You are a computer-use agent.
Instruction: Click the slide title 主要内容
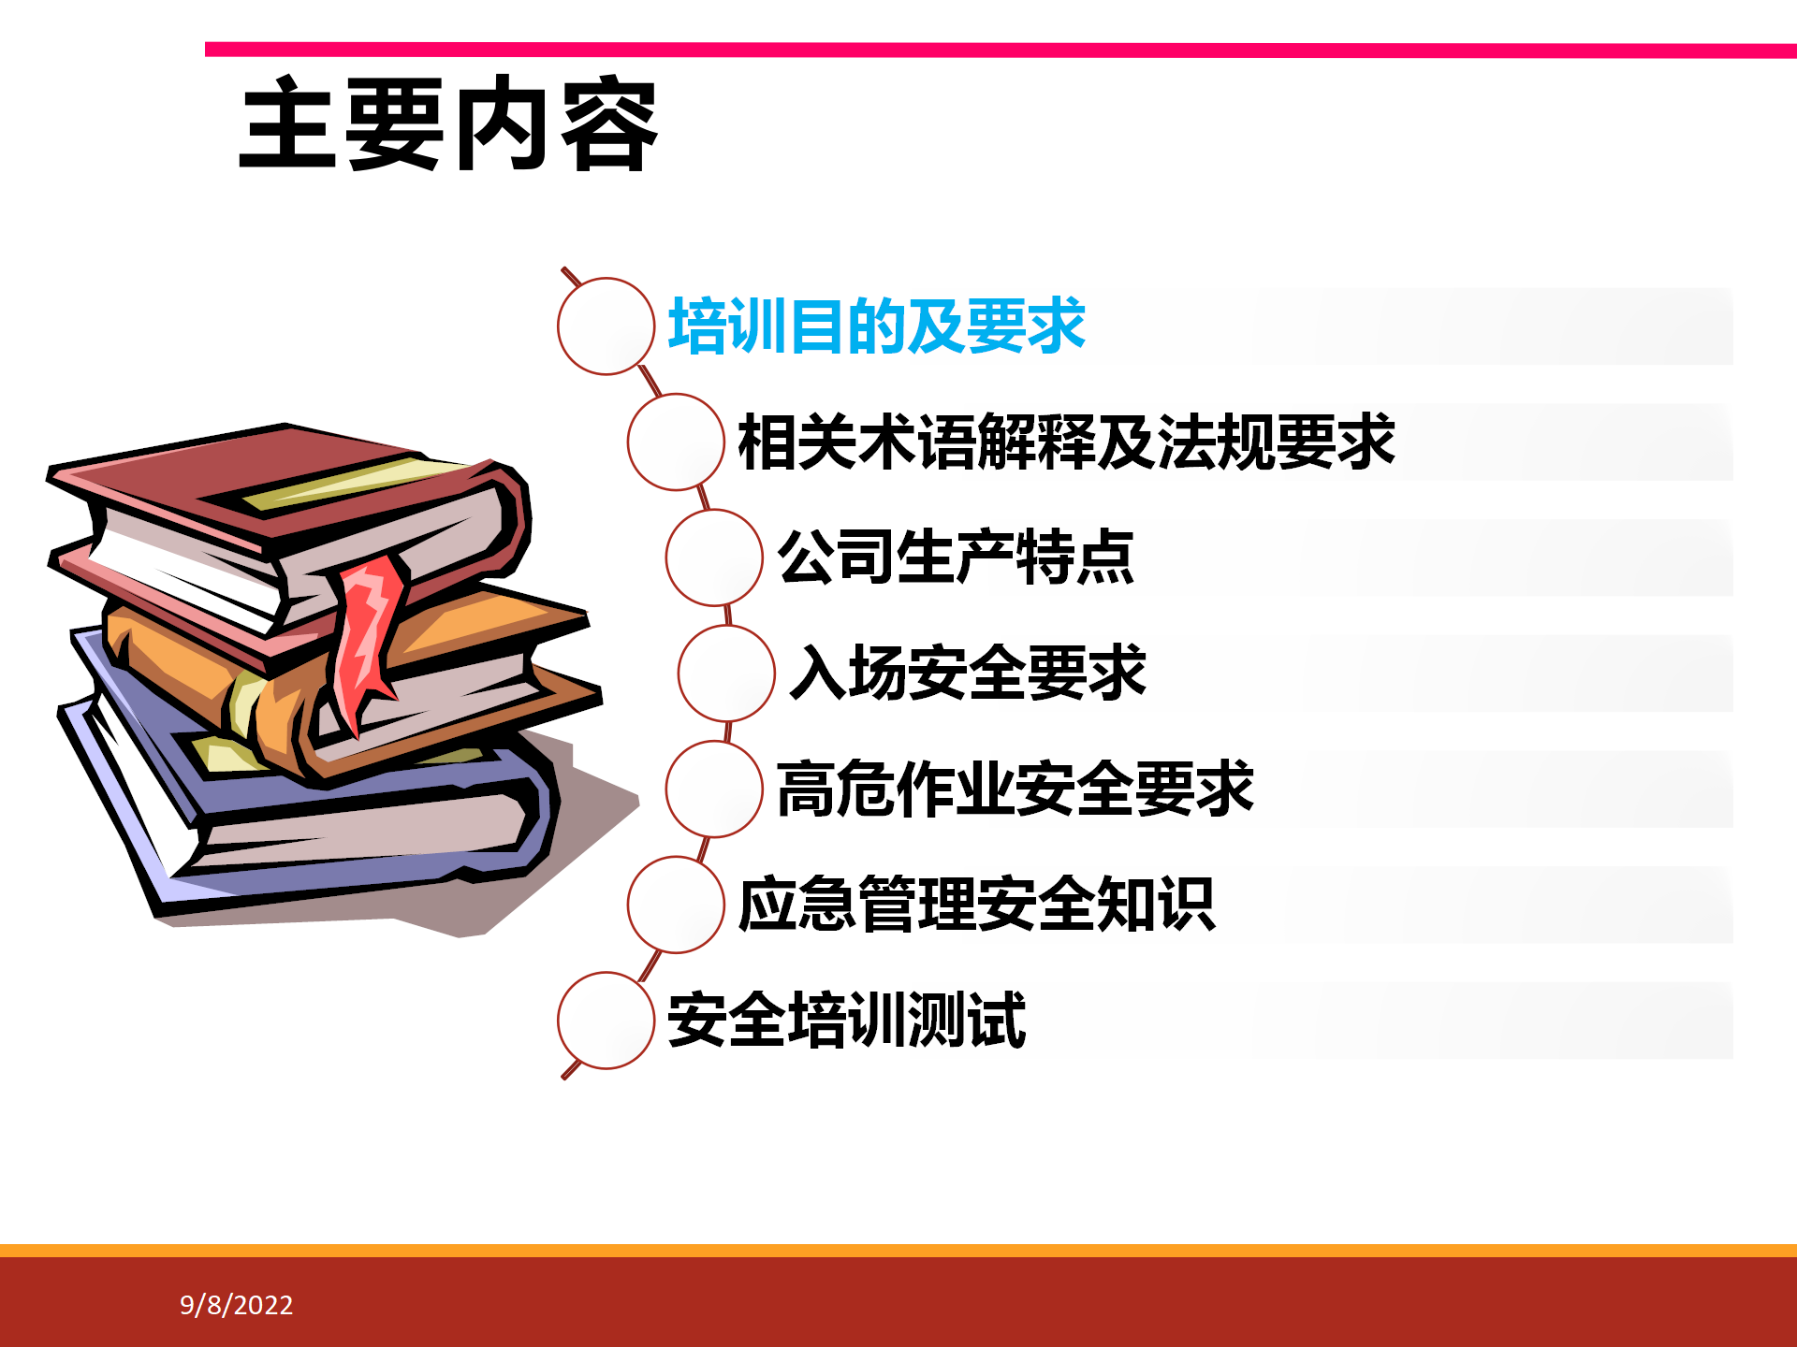click(449, 123)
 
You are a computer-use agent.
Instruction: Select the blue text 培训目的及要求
click(877, 326)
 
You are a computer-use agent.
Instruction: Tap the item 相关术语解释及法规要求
click(1067, 442)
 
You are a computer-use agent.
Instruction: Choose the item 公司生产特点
click(956, 558)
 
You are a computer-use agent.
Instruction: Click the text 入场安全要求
click(968, 673)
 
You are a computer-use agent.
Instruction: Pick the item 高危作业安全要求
click(1015, 789)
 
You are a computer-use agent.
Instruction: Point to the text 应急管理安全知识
click(977, 905)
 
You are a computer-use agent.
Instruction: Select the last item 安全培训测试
click(847, 1020)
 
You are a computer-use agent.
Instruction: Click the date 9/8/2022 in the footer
click(237, 1305)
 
